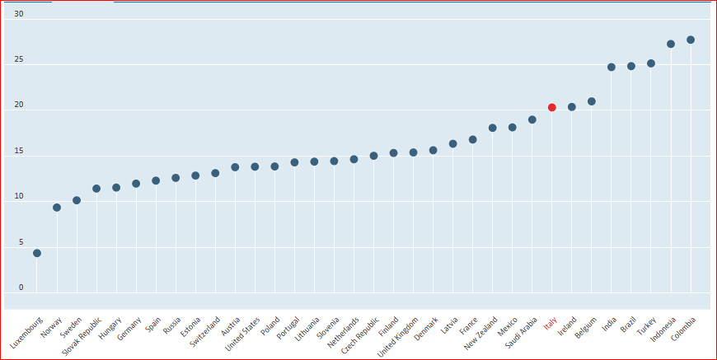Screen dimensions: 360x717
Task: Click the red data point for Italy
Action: (x=552, y=107)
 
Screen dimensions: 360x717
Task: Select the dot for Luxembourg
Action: (x=37, y=253)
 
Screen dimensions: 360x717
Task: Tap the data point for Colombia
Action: (x=691, y=40)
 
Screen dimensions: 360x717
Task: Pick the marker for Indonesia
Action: (x=671, y=44)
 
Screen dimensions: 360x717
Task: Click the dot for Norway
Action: (x=57, y=208)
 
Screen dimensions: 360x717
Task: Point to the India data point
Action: (x=612, y=67)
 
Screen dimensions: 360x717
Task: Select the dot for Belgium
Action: (x=592, y=101)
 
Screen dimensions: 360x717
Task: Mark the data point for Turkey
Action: (x=651, y=63)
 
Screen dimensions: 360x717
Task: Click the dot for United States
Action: (x=255, y=166)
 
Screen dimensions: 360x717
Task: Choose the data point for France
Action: (x=473, y=139)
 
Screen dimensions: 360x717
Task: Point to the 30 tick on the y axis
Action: (x=19, y=14)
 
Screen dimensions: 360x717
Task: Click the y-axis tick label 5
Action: (x=21, y=242)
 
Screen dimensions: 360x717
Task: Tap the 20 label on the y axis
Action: (x=19, y=105)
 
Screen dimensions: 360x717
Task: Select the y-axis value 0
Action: (x=21, y=288)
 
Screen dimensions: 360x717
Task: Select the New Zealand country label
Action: (x=482, y=334)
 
